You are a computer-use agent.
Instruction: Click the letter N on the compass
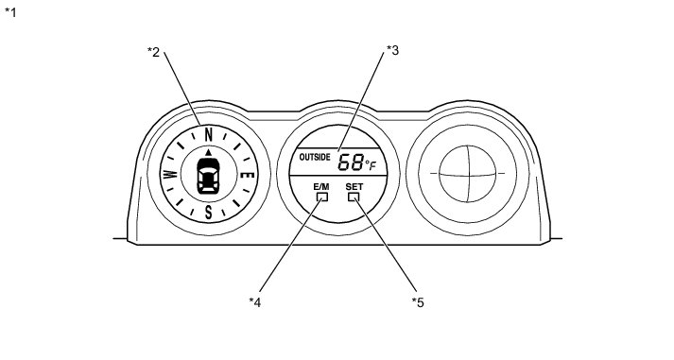tap(209, 135)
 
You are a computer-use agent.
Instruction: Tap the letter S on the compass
tap(209, 212)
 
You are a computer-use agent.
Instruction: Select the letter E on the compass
tap(248, 175)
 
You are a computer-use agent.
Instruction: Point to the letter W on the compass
tap(170, 175)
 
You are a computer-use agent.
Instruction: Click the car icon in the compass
tap(208, 176)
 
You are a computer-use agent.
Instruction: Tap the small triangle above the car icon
tap(209, 152)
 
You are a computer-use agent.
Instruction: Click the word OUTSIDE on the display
tap(315, 157)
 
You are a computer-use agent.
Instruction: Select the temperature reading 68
tap(351, 163)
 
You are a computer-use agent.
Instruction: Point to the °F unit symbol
tap(371, 165)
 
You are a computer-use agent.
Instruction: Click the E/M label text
tap(321, 187)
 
